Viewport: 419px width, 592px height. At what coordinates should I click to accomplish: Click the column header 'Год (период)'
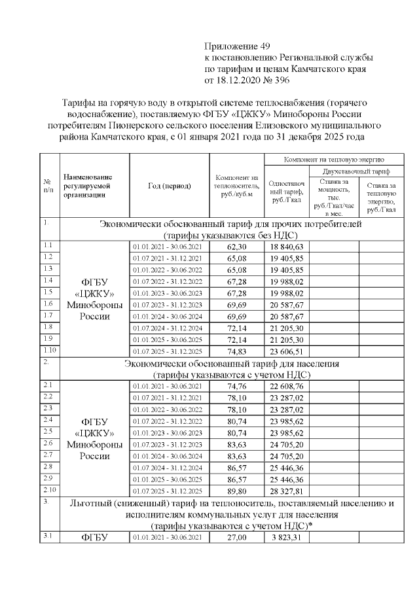pos(170,186)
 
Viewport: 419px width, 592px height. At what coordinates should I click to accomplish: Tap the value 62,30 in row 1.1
pos(236,247)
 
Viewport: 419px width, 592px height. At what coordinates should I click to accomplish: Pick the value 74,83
pos(236,351)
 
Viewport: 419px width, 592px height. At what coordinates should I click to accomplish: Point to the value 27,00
pos(236,538)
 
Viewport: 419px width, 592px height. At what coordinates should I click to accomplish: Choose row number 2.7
pos(47,454)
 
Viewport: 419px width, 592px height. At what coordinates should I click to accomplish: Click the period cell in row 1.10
pos(170,351)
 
